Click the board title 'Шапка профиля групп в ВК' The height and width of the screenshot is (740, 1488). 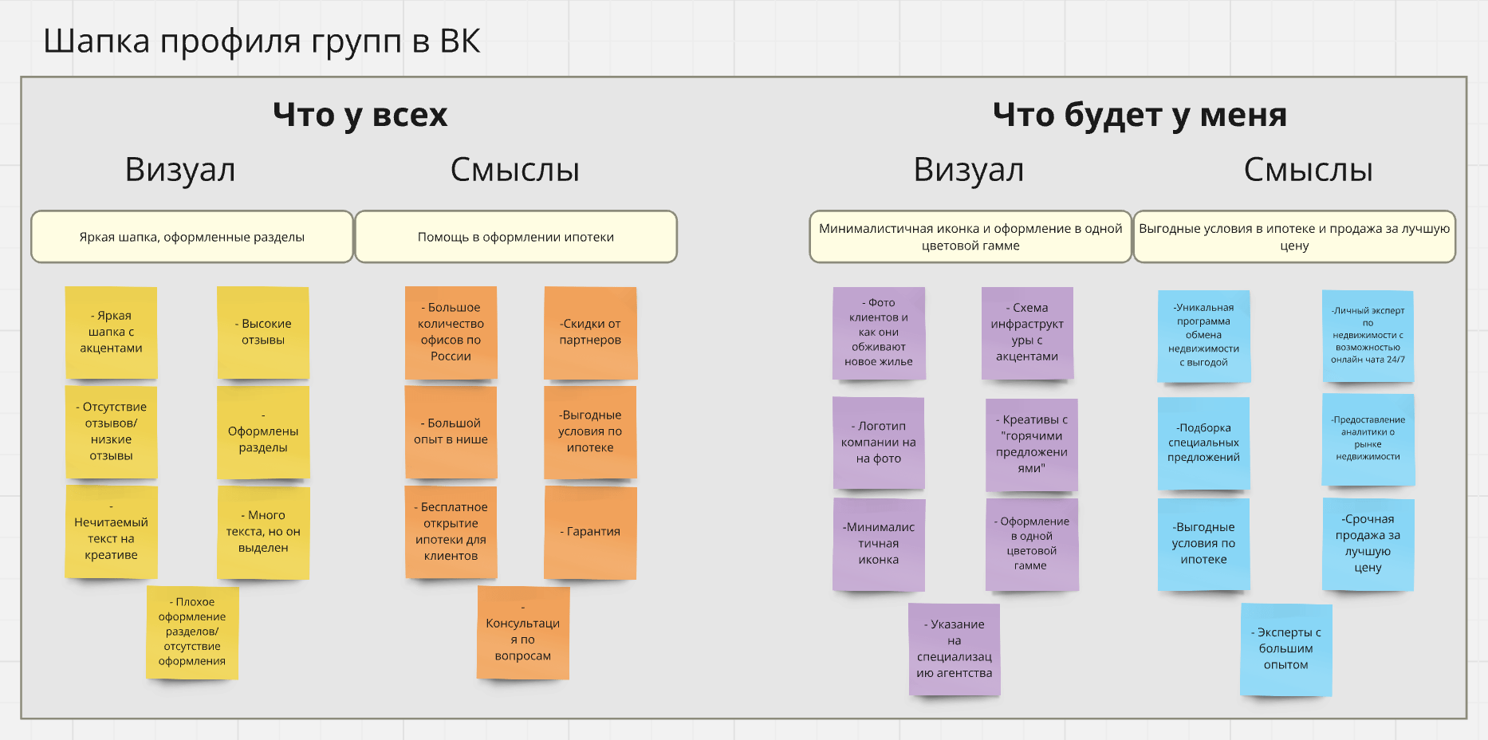tap(262, 41)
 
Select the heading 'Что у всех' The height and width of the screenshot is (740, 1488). tap(360, 116)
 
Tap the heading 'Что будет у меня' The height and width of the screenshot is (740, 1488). tap(1140, 116)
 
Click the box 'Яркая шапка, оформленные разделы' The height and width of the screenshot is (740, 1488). tap(192, 237)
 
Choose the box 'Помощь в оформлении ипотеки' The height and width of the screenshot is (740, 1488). tap(516, 237)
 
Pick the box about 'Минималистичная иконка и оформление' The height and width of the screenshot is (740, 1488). tap(970, 237)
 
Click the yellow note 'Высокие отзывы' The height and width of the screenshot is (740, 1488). tap(263, 333)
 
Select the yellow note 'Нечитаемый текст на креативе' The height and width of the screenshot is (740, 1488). tap(111, 532)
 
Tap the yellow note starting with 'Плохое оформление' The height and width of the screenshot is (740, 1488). tap(192, 632)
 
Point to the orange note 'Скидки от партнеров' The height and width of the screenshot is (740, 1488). tap(590, 333)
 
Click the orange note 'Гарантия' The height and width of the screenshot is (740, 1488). tap(590, 532)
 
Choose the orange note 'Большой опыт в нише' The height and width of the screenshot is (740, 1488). tap(451, 432)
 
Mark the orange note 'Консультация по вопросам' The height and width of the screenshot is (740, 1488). tap(523, 632)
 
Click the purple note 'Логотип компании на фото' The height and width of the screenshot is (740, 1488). tap(879, 443)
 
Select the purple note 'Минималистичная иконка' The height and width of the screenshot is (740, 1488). tap(879, 545)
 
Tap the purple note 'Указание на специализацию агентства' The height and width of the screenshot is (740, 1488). tap(955, 649)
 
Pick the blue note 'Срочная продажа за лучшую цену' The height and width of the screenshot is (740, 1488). tap(1368, 544)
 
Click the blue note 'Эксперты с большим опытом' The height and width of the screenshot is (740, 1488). tap(1286, 649)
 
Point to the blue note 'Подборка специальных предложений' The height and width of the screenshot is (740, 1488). tap(1204, 443)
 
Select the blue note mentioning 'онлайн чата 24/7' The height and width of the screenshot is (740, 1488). tap(1368, 337)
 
